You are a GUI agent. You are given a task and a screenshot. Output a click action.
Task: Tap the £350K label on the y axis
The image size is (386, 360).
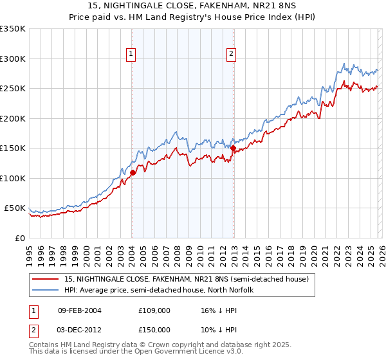(x=13, y=29)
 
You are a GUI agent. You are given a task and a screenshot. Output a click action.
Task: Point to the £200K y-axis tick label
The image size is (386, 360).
(x=13, y=118)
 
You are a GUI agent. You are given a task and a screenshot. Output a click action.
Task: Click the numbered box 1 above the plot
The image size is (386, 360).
(x=131, y=55)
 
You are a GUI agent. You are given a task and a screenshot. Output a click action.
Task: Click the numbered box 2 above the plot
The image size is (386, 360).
(x=231, y=55)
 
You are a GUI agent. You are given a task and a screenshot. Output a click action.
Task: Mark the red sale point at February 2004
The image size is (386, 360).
(x=133, y=172)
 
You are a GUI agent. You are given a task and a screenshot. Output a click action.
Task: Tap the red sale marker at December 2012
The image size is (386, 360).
(x=233, y=148)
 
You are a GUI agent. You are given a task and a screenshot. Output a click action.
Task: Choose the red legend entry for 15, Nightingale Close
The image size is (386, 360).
(x=187, y=279)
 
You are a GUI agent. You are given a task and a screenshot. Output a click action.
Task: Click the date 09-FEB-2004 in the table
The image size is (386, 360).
(x=79, y=310)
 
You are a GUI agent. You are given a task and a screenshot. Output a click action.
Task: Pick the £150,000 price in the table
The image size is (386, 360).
(x=154, y=329)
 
